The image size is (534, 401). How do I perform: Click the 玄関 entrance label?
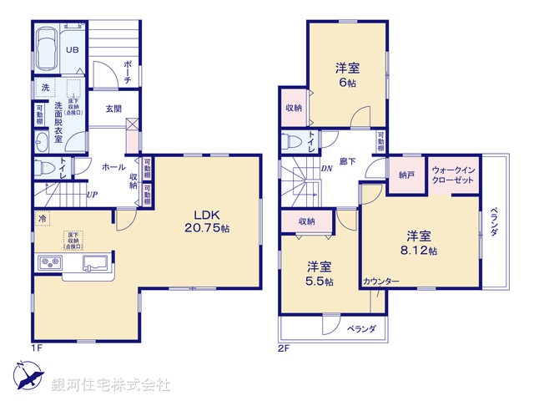point(114,109)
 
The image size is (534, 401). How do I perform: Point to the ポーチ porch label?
point(127,72)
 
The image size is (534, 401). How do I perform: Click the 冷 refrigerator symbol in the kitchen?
point(42,218)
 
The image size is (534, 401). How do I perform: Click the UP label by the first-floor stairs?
point(92,195)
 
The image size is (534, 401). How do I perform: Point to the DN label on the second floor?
point(326,168)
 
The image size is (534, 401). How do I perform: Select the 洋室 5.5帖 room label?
point(320,274)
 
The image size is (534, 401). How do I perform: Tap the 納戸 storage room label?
point(406,175)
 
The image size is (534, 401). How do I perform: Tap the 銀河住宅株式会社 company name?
point(110,385)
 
